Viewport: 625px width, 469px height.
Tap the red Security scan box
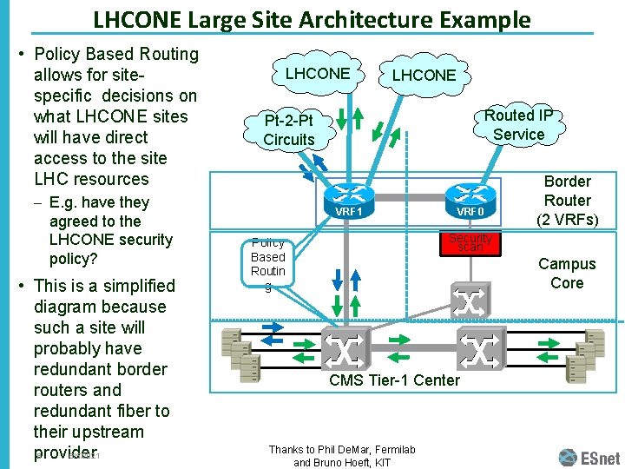click(x=470, y=242)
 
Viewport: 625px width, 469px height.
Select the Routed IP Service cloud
click(x=518, y=125)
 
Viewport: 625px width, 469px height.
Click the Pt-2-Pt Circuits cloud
click(x=289, y=129)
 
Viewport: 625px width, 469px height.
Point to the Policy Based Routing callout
click(x=268, y=257)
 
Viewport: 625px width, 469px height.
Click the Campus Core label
click(x=567, y=274)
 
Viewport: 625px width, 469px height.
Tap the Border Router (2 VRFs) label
click(x=567, y=201)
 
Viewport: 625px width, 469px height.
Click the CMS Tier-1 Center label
click(x=394, y=380)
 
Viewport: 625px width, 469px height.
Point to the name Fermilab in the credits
click(x=386, y=449)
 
